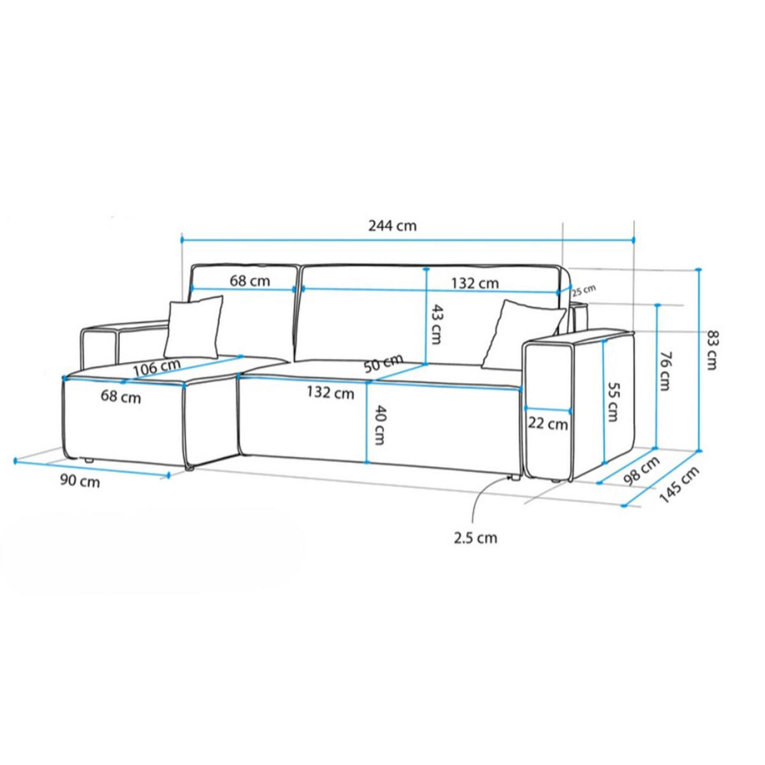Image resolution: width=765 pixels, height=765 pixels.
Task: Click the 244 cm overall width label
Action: pos(392,226)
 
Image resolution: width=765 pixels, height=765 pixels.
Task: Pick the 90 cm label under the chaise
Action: pos(80,481)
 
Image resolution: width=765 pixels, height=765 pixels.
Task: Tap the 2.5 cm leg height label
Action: pos(476,538)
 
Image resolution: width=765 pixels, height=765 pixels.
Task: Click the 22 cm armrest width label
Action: pos(548,423)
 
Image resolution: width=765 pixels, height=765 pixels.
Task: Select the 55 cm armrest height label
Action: pos(613,402)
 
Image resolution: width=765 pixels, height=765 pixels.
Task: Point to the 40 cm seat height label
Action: pos(379,425)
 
